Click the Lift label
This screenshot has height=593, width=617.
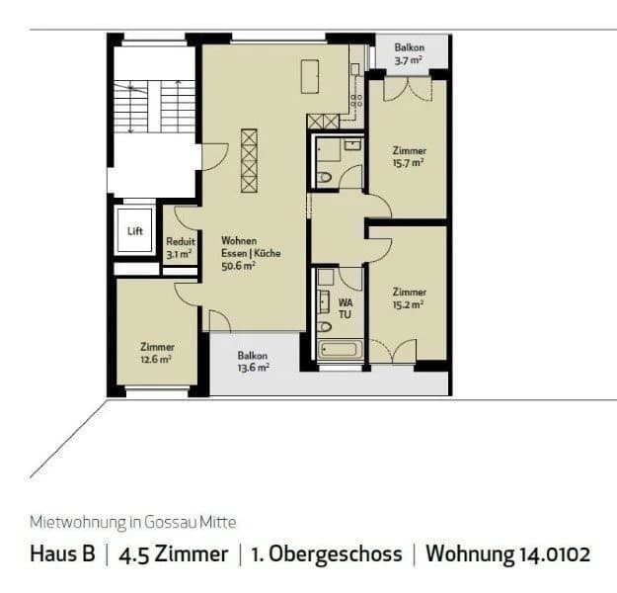[x=135, y=230]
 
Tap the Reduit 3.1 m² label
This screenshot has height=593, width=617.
[x=181, y=247]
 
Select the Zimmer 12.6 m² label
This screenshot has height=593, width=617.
[x=157, y=353]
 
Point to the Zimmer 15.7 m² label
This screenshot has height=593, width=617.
[x=409, y=156]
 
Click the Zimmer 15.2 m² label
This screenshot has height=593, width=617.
[x=409, y=297]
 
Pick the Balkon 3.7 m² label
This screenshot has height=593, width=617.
[x=410, y=53]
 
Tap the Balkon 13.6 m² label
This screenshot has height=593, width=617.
[x=253, y=361]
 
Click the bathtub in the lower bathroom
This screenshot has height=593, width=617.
[x=341, y=349]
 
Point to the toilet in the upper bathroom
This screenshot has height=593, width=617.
[x=325, y=179]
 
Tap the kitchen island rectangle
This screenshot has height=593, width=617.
[x=311, y=76]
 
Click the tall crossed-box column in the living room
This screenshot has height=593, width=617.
[x=250, y=161]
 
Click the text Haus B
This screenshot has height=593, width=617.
[x=62, y=553]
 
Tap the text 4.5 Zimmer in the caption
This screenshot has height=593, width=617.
[x=173, y=553]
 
